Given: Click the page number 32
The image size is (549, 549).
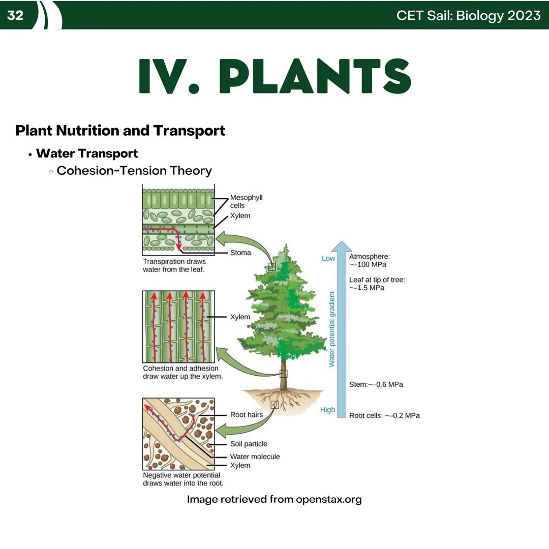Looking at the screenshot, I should (15, 15).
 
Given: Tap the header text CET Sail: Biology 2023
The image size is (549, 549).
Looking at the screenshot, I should (468, 15).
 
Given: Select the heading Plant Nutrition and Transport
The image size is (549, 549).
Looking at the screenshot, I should (120, 131).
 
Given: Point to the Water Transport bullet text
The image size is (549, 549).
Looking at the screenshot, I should (87, 153).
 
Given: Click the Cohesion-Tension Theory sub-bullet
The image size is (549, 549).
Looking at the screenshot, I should (134, 170).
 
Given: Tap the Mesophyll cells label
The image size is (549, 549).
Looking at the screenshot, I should (246, 201).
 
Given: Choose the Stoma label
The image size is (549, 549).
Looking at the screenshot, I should (240, 253).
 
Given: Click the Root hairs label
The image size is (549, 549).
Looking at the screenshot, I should (247, 415).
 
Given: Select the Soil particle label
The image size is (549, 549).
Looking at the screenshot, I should (249, 444).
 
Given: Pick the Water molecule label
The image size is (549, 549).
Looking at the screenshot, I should (255, 456).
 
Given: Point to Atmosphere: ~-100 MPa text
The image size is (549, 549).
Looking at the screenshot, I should (370, 261).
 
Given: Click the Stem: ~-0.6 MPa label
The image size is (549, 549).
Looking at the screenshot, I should (376, 384).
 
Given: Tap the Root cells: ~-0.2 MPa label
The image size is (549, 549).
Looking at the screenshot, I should (384, 415).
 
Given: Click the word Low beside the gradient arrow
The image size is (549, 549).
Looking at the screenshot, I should (328, 258).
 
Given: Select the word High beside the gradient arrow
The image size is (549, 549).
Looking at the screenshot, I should (327, 410).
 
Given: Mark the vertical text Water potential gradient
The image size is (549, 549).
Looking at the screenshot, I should (332, 329).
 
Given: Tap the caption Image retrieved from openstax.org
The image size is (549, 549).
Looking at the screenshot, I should (274, 499).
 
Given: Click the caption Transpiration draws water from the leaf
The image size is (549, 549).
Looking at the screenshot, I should (174, 265).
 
